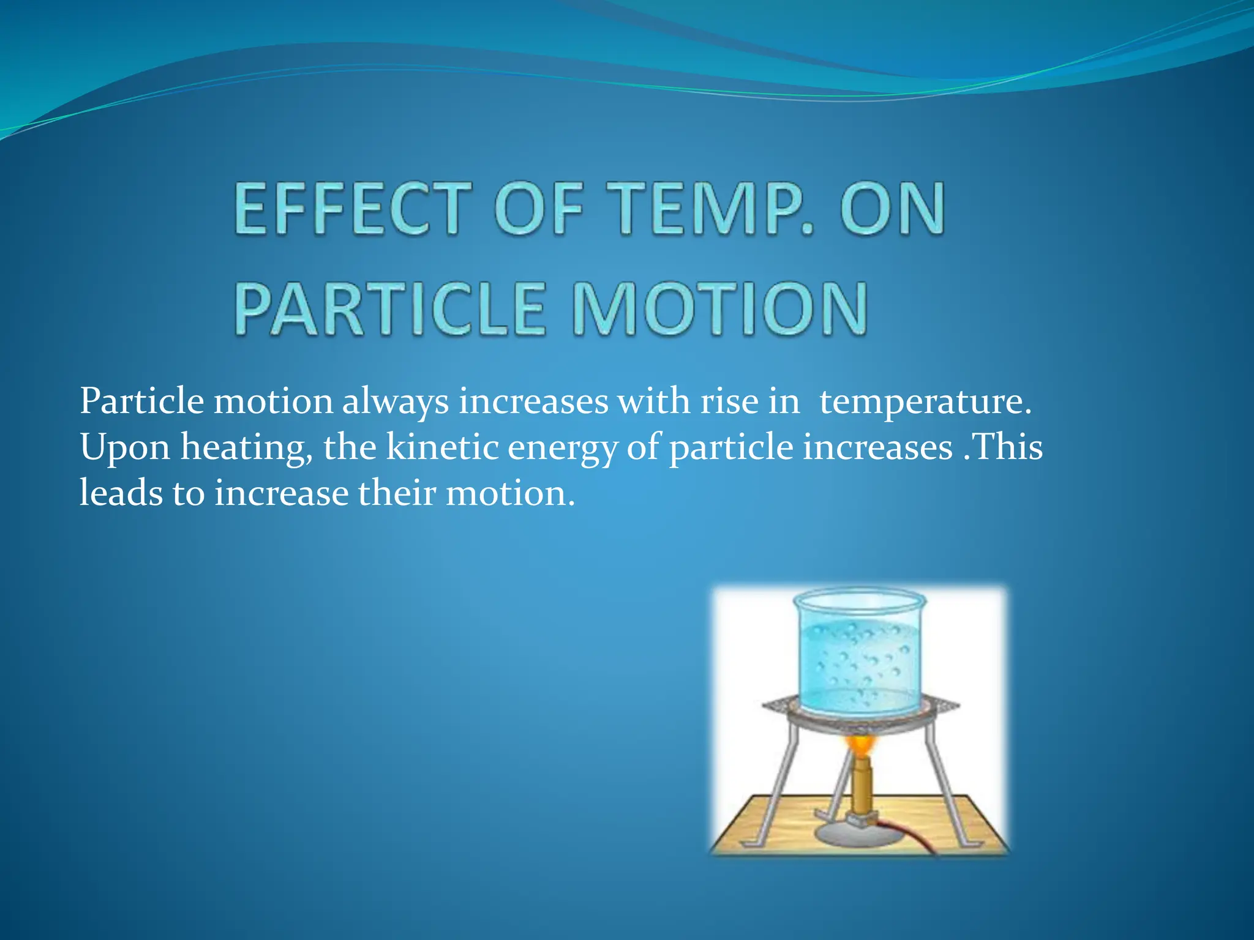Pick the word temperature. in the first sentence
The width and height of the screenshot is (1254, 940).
coord(925,403)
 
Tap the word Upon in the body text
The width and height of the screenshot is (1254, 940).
coord(125,449)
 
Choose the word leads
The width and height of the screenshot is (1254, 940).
coord(121,493)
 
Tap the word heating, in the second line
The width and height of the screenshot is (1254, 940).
coord(246,449)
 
